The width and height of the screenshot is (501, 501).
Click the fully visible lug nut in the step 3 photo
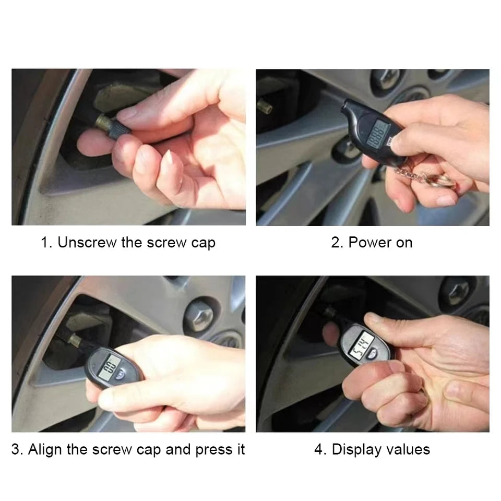pos(200,314)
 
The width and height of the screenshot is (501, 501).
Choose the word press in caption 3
pos(212,450)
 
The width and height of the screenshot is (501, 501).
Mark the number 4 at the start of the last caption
pos(318,449)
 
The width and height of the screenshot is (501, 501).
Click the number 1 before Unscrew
pos(45,243)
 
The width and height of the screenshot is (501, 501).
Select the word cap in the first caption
pos(202,243)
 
